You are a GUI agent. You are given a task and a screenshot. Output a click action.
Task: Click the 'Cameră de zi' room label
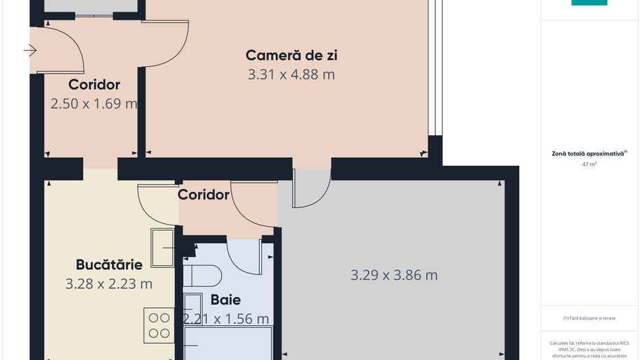pyautogui.click(x=291, y=55)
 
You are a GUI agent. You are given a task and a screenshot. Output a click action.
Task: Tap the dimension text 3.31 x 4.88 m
pyautogui.click(x=291, y=74)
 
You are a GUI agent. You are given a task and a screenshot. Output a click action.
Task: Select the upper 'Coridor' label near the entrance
pyautogui.click(x=94, y=85)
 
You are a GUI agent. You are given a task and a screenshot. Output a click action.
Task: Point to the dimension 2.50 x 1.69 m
pyautogui.click(x=94, y=104)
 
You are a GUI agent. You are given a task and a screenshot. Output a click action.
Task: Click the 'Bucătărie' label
pyautogui.click(x=109, y=264)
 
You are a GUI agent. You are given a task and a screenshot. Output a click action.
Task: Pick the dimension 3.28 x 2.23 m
pyautogui.click(x=109, y=283)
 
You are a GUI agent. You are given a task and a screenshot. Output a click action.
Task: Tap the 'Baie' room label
pyautogui.click(x=226, y=299)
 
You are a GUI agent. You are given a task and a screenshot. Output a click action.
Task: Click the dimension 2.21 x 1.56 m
pyautogui.click(x=226, y=318)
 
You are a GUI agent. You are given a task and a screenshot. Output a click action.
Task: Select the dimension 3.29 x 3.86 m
pyautogui.click(x=394, y=275)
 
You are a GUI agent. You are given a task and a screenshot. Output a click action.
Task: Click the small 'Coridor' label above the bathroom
pyautogui.click(x=204, y=195)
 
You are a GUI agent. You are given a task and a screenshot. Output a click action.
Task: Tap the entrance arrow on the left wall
pyautogui.click(x=30, y=50)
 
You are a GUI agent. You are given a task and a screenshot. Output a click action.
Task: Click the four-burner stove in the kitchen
pyautogui.click(x=159, y=325)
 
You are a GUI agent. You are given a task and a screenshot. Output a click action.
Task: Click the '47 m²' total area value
pyautogui.click(x=589, y=165)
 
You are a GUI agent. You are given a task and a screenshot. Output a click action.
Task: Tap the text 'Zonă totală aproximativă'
pyautogui.click(x=588, y=154)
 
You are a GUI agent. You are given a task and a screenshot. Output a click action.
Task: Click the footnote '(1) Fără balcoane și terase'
pyautogui.click(x=589, y=318)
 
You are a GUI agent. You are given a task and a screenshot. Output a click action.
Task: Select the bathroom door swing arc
pyautogui.click(x=244, y=257)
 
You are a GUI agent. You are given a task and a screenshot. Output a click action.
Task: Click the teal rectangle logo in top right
pyautogui.click(x=589, y=3)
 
